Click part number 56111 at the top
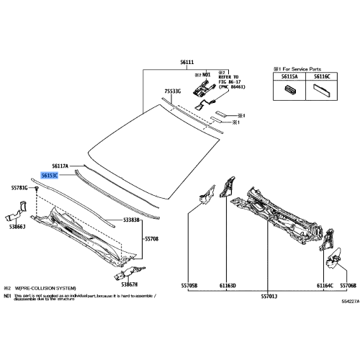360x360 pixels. [187, 63]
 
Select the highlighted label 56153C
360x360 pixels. [50, 174]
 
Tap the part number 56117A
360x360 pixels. [60, 165]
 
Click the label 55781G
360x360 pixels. [19, 187]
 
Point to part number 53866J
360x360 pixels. [17, 227]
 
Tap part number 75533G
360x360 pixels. [172, 91]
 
